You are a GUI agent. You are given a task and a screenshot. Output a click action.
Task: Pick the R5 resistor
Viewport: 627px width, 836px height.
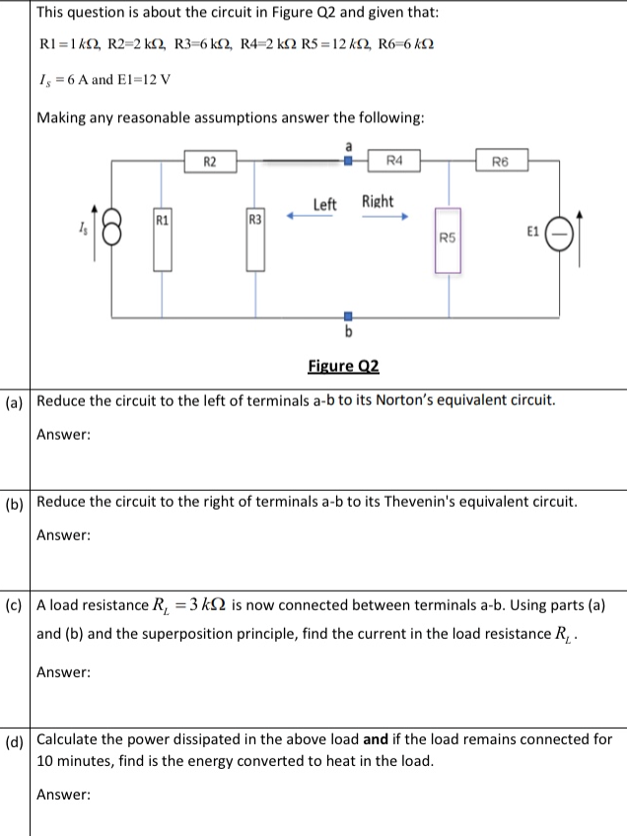pyautogui.click(x=449, y=243)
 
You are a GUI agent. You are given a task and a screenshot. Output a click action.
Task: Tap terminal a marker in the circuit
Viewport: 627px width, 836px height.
pyautogui.click(x=347, y=159)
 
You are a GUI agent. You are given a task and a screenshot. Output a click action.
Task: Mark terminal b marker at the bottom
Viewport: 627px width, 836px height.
pyautogui.click(x=347, y=317)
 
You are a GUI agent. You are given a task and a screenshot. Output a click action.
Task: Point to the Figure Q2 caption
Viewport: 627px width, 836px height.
pyautogui.click(x=343, y=368)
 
